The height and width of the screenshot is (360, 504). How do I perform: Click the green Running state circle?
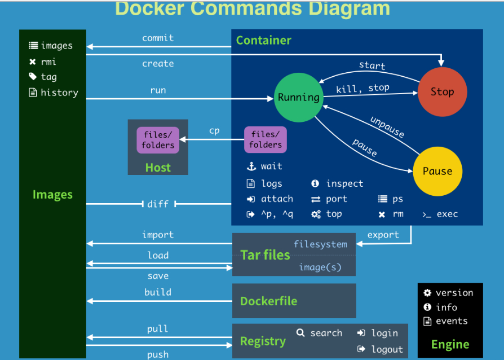pyautogui.click(x=298, y=97)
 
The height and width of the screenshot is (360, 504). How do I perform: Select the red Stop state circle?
pyautogui.click(x=442, y=92)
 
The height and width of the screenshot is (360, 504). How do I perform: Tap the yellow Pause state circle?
pyautogui.click(x=437, y=171)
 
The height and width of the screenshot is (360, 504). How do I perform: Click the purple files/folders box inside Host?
pyautogui.click(x=158, y=140)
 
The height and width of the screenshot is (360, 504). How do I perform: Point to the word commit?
pyautogui.click(x=158, y=38)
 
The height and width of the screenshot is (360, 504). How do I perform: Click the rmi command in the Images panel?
pyautogui.click(x=48, y=62)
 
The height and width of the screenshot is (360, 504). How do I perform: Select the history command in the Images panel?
pyautogui.click(x=59, y=93)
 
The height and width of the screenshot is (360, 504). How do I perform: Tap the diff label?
pyautogui.click(x=158, y=204)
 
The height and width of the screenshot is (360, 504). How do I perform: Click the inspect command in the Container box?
pyautogui.click(x=344, y=183)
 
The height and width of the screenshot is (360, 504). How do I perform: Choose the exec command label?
pyautogui.click(x=446, y=214)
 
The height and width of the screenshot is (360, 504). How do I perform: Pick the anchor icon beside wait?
pyautogui.click(x=251, y=166)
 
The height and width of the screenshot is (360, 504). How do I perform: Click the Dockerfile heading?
pyautogui.click(x=268, y=301)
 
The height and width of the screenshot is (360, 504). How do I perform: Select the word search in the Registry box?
pyautogui.click(x=326, y=333)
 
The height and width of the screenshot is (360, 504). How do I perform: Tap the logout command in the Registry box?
pyautogui.click(x=387, y=349)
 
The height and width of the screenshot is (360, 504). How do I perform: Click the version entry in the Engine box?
pyautogui.click(x=454, y=292)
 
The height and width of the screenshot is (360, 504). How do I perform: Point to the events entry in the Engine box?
pyautogui.click(x=452, y=321)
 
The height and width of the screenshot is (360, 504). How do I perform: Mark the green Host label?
pyautogui.click(x=158, y=167)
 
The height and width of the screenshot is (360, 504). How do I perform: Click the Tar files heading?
pyautogui.click(x=265, y=254)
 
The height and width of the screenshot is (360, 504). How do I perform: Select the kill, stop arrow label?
pyautogui.click(x=362, y=89)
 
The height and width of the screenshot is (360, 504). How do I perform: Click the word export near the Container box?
pyautogui.click(x=383, y=235)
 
